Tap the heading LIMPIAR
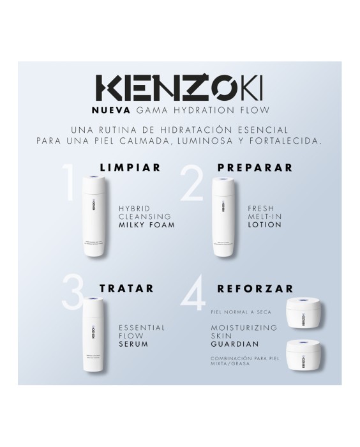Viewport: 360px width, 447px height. coord(130,168)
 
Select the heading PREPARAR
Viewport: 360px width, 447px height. coord(255,168)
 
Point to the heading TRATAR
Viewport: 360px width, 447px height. coord(126,288)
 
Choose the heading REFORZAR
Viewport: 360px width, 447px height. coord(255,288)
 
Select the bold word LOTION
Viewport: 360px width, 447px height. coord(264,225)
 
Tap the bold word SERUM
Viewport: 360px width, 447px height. coord(133,344)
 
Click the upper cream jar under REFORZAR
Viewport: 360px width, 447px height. coord(303,312)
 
